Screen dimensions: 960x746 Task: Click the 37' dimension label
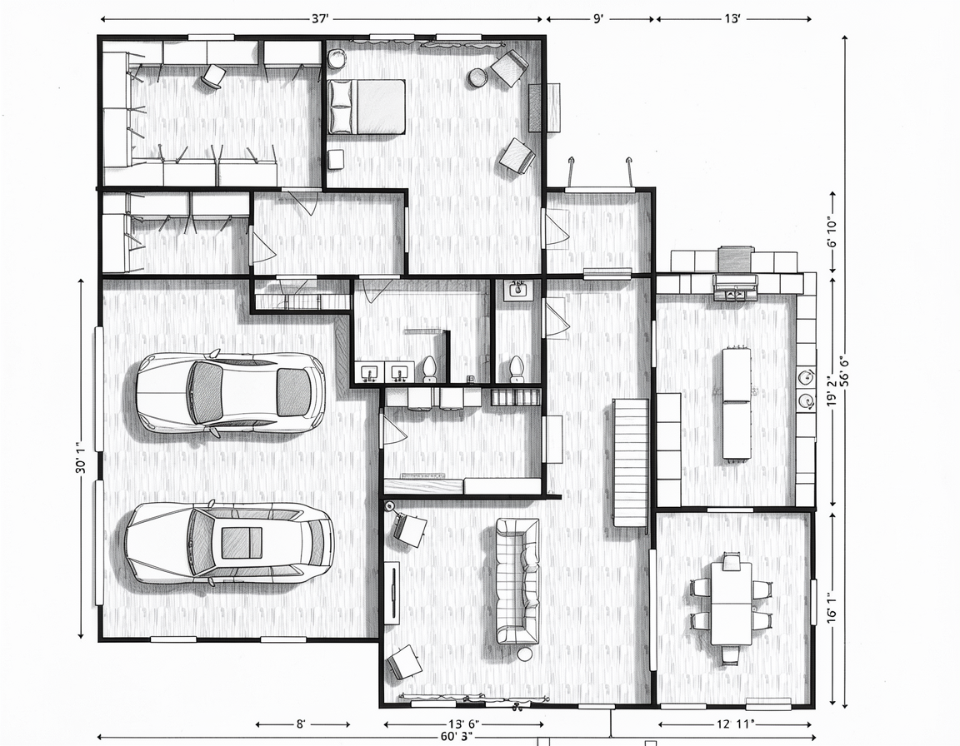[320, 19]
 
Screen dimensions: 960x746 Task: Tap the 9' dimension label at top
[598, 19]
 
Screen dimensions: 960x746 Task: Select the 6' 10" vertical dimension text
[832, 232]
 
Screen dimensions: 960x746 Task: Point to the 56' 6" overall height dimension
[846, 370]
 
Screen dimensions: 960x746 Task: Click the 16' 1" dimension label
[832, 607]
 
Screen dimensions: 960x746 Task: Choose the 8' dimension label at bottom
[301, 724]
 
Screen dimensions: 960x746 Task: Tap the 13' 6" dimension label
[464, 724]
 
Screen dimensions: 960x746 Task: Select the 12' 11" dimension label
[735, 724]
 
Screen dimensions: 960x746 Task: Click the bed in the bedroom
[367, 107]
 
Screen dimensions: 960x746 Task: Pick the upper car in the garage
[230, 393]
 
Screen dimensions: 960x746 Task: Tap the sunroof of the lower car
[242, 543]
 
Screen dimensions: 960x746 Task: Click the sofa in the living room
[518, 580]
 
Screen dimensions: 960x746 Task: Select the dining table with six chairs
[731, 604]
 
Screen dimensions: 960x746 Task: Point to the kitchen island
[737, 403]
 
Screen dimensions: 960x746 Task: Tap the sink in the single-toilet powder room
[519, 289]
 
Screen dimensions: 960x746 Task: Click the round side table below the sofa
[525, 654]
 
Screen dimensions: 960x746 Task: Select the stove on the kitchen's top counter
[735, 286]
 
